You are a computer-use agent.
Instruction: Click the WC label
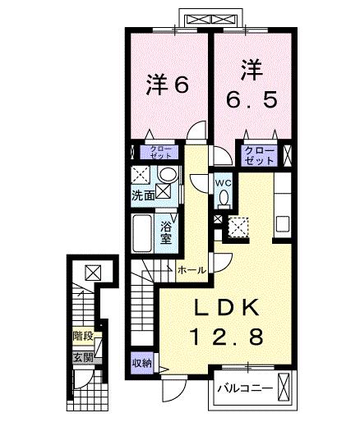click(223, 182)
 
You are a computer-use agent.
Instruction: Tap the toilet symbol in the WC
click(224, 199)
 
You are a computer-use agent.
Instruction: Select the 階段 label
click(82, 336)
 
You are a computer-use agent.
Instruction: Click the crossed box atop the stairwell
click(92, 271)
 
